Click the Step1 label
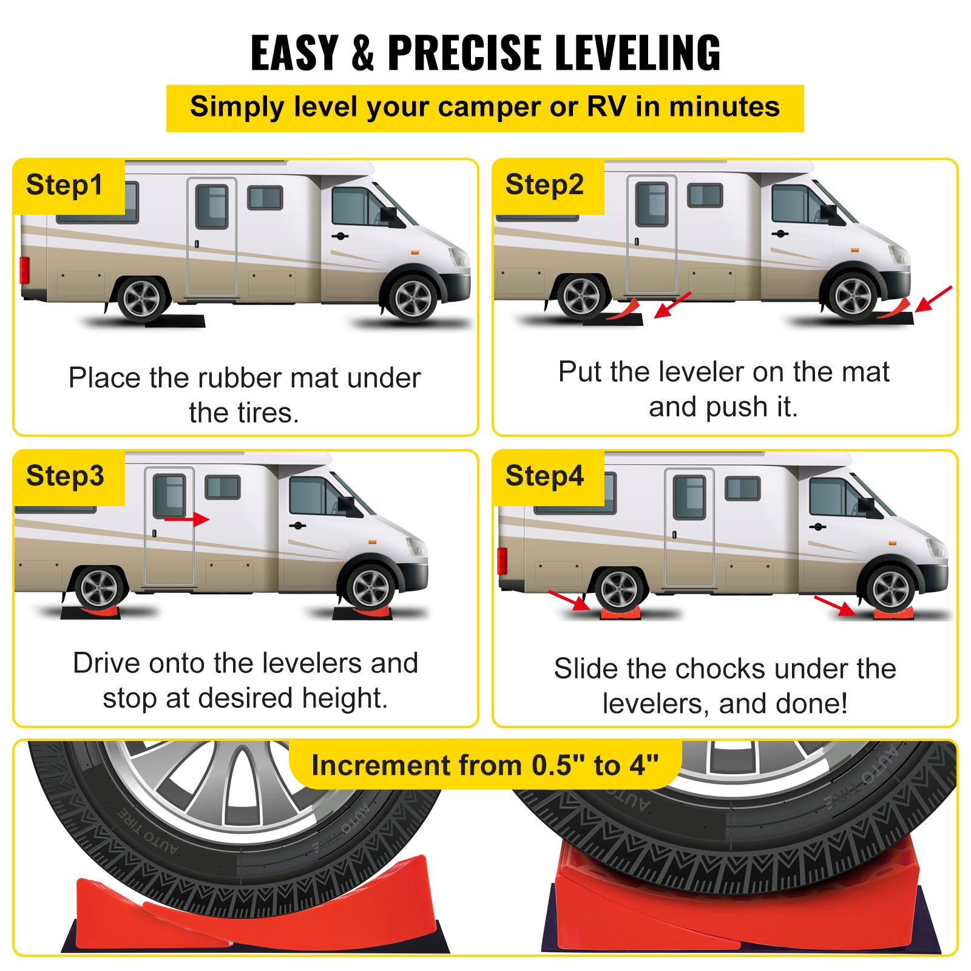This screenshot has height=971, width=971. tap(64, 185)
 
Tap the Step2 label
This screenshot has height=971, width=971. tap(544, 184)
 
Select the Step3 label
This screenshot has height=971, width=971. tap(65, 476)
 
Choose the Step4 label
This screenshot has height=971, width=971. tap(544, 476)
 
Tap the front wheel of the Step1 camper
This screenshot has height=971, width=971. tap(413, 299)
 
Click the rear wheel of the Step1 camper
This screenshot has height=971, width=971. tap(141, 299)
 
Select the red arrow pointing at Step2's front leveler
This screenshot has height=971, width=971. tap(933, 299)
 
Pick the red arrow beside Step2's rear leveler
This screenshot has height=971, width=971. tap(672, 305)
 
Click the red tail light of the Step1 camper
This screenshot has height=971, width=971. tap(24, 270)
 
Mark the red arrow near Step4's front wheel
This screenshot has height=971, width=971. tap(835, 606)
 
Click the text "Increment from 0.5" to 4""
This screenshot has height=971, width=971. tap(485, 765)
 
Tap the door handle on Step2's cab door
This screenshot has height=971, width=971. tap(780, 234)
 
